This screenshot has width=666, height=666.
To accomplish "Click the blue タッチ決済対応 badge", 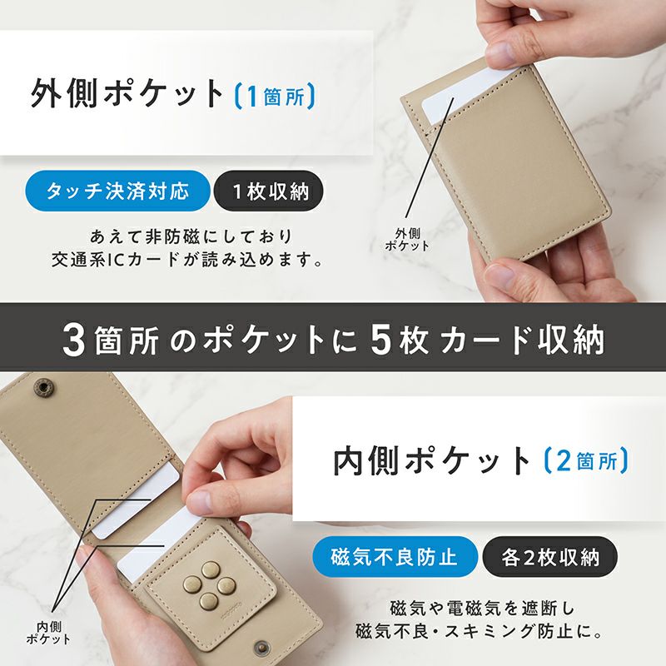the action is (117, 191).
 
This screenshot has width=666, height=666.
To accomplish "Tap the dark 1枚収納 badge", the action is (269, 191).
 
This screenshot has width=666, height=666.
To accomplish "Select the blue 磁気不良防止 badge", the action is (395, 556).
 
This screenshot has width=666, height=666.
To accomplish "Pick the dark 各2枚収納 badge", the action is (549, 556).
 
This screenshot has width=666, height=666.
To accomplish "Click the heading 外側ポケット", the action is (127, 94).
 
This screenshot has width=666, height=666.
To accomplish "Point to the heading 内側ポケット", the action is (431, 461).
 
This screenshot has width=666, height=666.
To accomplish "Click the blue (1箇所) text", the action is (275, 96).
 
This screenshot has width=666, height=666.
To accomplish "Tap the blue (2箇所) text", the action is (586, 461).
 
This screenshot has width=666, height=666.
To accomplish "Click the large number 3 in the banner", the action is (74, 340).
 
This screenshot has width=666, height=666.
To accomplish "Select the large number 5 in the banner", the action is (380, 340).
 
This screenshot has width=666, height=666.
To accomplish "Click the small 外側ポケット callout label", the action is (407, 240).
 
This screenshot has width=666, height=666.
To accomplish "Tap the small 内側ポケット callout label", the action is (49, 633).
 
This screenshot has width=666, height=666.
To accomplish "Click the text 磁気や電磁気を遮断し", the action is (482, 609).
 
